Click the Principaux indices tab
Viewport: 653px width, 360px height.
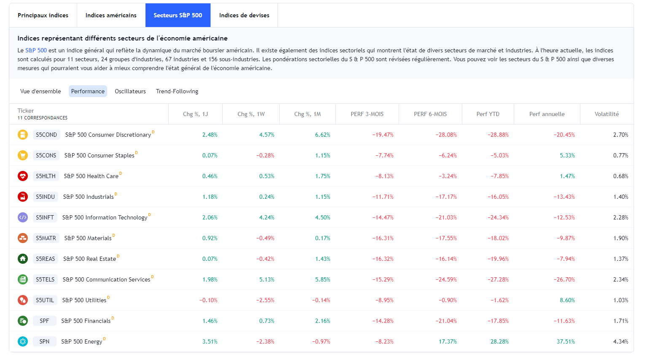(x=43, y=15)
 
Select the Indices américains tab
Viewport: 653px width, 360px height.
(x=111, y=15)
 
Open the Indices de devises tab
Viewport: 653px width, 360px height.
(x=244, y=15)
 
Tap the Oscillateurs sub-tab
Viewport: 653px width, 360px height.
(x=130, y=91)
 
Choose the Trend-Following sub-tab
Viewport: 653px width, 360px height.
(x=177, y=91)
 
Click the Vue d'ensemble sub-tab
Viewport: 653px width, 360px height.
(x=40, y=91)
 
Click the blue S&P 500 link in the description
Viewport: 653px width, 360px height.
(x=36, y=50)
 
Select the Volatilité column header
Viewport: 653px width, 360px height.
(x=607, y=114)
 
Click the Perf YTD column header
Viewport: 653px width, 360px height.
(x=488, y=114)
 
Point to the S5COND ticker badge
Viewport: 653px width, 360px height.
(x=46, y=135)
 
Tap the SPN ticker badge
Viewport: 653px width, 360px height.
(x=44, y=341)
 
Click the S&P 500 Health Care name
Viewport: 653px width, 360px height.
(x=91, y=176)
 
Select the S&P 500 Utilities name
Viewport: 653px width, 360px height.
(x=84, y=300)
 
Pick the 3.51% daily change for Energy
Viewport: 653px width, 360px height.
(x=210, y=341)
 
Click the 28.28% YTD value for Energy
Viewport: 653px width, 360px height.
(x=499, y=341)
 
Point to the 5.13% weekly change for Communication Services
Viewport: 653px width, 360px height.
(x=267, y=279)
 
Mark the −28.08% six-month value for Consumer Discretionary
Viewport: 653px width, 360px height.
(x=446, y=135)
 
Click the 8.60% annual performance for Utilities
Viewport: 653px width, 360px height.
(x=567, y=300)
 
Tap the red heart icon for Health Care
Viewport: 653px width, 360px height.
(x=23, y=176)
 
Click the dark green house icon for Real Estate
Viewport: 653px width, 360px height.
(x=23, y=259)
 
